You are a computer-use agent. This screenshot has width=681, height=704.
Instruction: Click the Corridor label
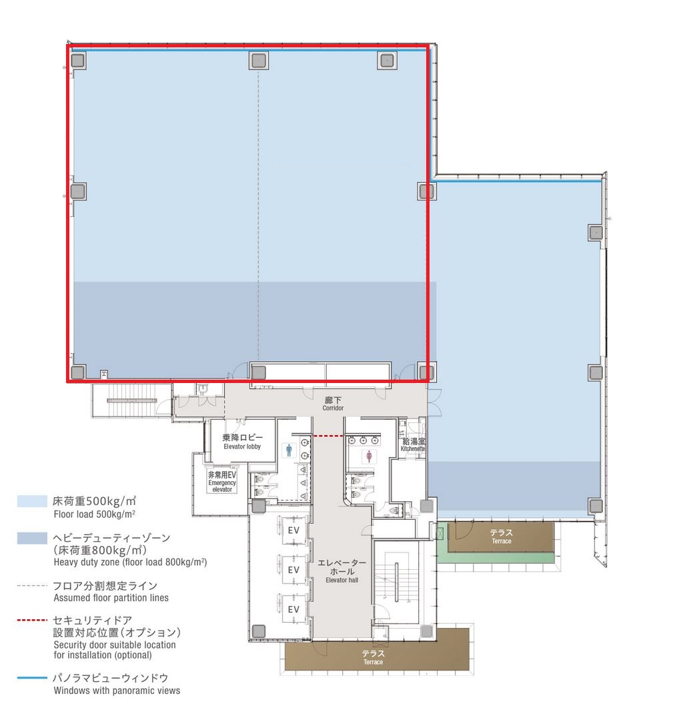333,404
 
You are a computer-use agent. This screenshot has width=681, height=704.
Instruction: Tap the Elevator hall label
342,571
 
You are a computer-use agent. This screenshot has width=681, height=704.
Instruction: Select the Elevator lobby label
242,441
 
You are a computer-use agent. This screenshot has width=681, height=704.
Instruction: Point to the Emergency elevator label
222,482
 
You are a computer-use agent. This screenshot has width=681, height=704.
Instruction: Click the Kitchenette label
413,444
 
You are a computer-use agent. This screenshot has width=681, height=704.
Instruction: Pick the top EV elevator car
293,531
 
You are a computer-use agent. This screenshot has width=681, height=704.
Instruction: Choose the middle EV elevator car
293,570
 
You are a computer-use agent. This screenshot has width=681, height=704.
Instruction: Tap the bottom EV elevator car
293,609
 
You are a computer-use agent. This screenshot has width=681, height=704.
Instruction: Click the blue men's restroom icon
289,450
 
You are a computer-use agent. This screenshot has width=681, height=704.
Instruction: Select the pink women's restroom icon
369,456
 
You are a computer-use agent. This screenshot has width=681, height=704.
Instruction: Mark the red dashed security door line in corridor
328,436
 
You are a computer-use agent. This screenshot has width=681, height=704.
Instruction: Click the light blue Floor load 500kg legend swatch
32,501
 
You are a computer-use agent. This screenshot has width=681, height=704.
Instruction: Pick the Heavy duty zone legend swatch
32,538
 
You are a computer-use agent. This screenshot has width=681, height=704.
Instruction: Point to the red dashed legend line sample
32,620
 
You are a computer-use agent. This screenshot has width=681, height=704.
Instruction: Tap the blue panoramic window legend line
32,677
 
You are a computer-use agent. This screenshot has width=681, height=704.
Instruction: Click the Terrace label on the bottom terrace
373,657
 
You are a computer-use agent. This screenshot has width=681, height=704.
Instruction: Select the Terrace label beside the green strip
502,537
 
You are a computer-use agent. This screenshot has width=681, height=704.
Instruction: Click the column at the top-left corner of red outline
78,60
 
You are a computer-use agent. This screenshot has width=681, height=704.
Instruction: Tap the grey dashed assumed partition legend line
32,585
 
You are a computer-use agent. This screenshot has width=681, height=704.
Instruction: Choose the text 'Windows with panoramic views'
117,691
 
